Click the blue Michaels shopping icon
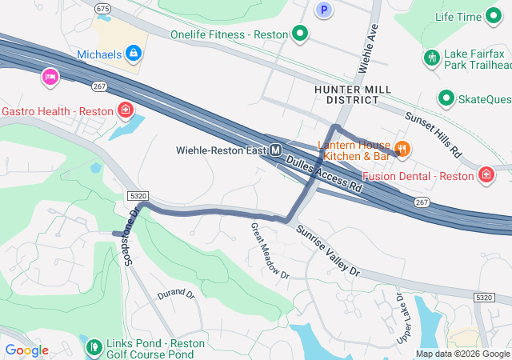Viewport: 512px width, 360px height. click(x=134, y=54)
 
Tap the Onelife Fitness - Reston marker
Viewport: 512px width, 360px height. click(x=300, y=34)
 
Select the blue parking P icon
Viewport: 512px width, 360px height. click(x=323, y=10)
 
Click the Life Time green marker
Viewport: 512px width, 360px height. click(x=495, y=17)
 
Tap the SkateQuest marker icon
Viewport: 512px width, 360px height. click(x=446, y=98)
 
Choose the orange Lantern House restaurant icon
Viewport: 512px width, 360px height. click(x=402, y=148)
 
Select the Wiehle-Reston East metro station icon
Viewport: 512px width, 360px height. click(x=275, y=150)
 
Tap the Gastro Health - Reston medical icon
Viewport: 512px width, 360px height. click(x=125, y=110)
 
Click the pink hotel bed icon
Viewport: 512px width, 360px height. click(x=50, y=78)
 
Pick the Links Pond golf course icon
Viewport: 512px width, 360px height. click(x=94, y=346)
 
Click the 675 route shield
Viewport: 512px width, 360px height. click(x=102, y=7)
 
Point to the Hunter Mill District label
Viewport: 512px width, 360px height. click(x=346, y=94)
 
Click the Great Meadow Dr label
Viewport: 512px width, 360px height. click(x=270, y=250)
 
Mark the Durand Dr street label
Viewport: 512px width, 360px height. click(x=176, y=294)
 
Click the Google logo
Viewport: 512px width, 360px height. click(x=26, y=350)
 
